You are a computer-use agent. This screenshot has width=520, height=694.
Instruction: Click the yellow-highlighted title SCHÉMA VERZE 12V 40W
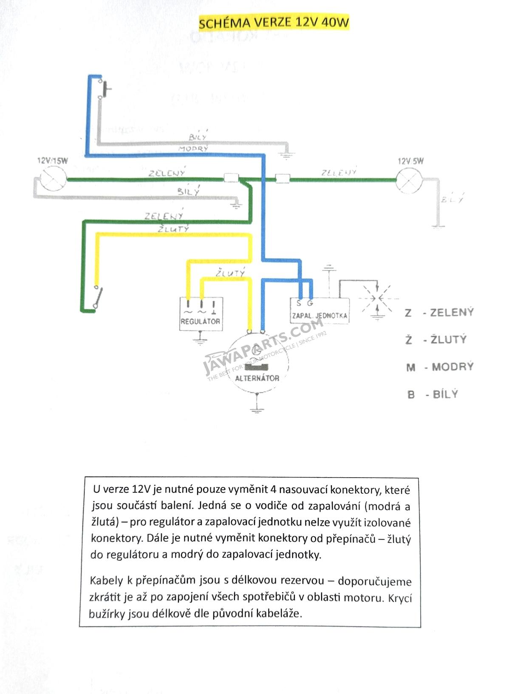[274, 23]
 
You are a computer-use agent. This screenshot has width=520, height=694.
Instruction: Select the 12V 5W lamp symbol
[409, 181]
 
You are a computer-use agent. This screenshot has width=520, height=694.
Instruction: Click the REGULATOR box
[201, 314]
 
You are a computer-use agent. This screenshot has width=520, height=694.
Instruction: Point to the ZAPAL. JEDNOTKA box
[319, 311]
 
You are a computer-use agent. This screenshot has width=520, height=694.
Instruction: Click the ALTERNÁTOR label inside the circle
[257, 378]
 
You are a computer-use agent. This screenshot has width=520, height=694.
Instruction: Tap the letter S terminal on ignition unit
[299, 304]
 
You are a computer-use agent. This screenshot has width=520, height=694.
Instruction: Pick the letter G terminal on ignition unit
[310, 303]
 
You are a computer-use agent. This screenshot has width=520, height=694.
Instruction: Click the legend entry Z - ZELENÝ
[439, 313]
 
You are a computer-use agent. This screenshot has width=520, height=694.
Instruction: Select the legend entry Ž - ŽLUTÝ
[436, 340]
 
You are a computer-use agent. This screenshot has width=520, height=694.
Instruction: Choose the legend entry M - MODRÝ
[440, 367]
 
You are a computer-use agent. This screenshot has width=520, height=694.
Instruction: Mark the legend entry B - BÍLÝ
[432, 394]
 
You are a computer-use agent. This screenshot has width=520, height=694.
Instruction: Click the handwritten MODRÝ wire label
[193, 148]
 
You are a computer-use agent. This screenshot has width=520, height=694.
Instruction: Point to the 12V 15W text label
[53, 161]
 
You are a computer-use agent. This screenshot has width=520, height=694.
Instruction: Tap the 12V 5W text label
[410, 161]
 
